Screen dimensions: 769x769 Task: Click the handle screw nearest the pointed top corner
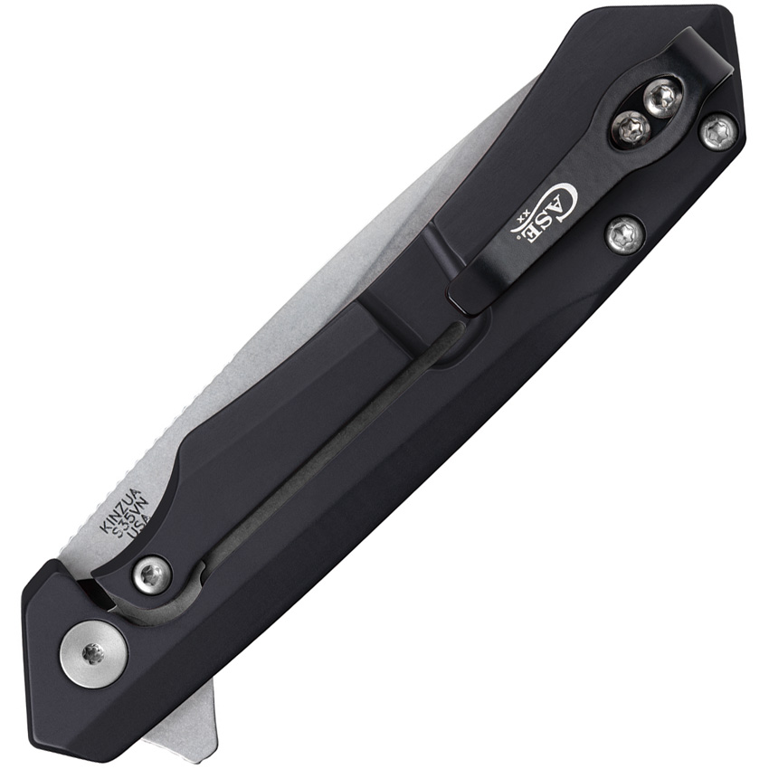coord(717,132)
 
